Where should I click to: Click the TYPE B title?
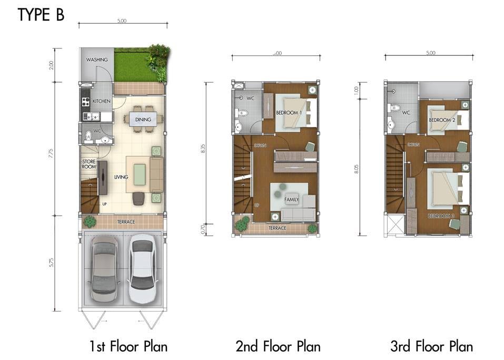(41, 15)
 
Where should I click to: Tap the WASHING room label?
(97, 60)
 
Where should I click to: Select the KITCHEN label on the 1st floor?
(102, 101)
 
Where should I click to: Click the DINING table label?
(143, 120)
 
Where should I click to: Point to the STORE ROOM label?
(89, 164)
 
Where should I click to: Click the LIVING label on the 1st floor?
(121, 177)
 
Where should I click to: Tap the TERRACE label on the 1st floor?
(126, 222)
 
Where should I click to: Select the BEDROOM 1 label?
(289, 112)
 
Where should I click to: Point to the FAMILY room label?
(291, 200)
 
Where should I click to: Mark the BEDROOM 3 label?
(440, 216)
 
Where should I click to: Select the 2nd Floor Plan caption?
(278, 346)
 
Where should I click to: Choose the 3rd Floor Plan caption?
(431, 346)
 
